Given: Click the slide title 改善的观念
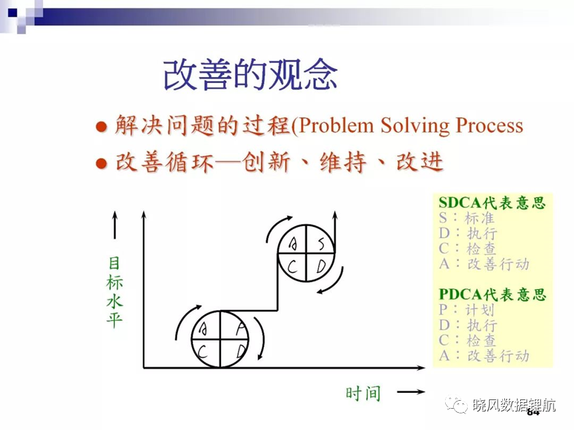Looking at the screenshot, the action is click(250, 74).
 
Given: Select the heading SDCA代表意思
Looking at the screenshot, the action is click(492, 203).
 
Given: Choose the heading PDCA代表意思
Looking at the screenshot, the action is click(492, 294).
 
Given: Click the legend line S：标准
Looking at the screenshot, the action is click(466, 218).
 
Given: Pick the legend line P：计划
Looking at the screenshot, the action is click(466, 310).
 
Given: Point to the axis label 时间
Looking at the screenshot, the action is click(363, 393).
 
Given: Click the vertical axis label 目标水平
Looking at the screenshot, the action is click(114, 292).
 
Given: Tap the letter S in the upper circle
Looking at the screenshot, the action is click(321, 243).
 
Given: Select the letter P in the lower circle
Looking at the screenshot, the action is click(240, 328).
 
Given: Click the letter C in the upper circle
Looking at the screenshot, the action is click(292, 267).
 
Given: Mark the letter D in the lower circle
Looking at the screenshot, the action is click(240, 352).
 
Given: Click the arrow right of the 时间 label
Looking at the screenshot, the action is click(411, 392).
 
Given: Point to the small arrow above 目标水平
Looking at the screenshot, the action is click(115, 225).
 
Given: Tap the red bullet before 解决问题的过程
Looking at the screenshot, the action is click(101, 127).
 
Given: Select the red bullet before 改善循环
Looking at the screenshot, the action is click(101, 163).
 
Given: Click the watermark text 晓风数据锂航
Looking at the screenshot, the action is click(514, 405).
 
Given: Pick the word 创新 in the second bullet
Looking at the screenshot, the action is click(266, 162).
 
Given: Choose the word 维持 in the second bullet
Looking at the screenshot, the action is click(343, 162).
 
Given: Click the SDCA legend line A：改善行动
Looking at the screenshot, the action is click(484, 264).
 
